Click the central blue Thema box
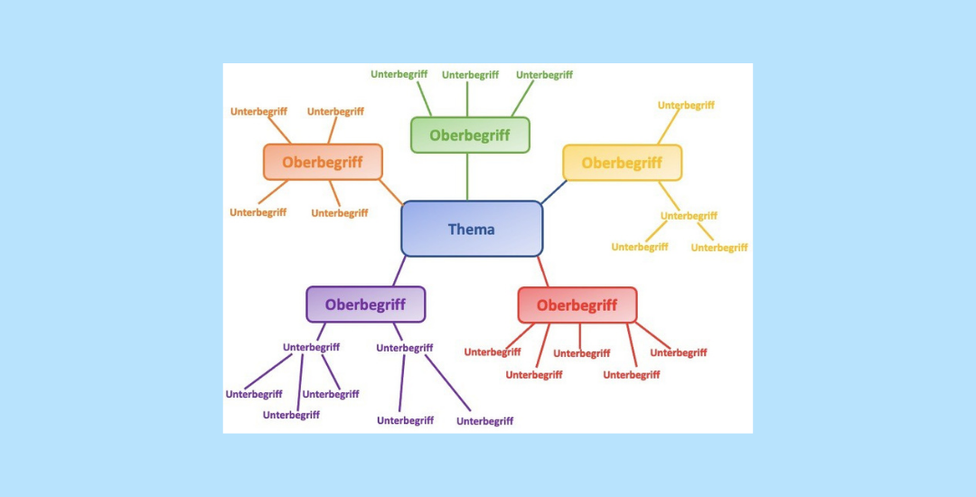(x=472, y=229)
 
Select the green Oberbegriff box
(x=470, y=135)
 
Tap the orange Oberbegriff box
(x=323, y=162)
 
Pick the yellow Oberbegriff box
(x=622, y=163)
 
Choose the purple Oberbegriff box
(x=365, y=305)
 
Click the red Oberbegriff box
(x=577, y=305)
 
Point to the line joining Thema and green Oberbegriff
(x=467, y=176)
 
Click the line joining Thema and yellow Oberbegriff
(x=554, y=191)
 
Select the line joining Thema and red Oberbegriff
(x=542, y=271)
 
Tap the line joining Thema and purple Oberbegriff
(x=399, y=271)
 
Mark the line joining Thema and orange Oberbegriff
(x=391, y=192)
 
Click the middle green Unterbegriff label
(x=470, y=75)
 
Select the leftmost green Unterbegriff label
(x=399, y=74)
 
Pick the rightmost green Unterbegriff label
(x=544, y=75)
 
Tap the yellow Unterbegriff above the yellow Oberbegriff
(x=686, y=105)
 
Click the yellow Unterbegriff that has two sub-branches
(x=689, y=216)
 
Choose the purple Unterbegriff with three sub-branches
(x=311, y=347)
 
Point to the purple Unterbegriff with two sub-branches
(x=405, y=348)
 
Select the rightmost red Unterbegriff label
(x=678, y=352)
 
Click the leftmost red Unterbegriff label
(x=493, y=352)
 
